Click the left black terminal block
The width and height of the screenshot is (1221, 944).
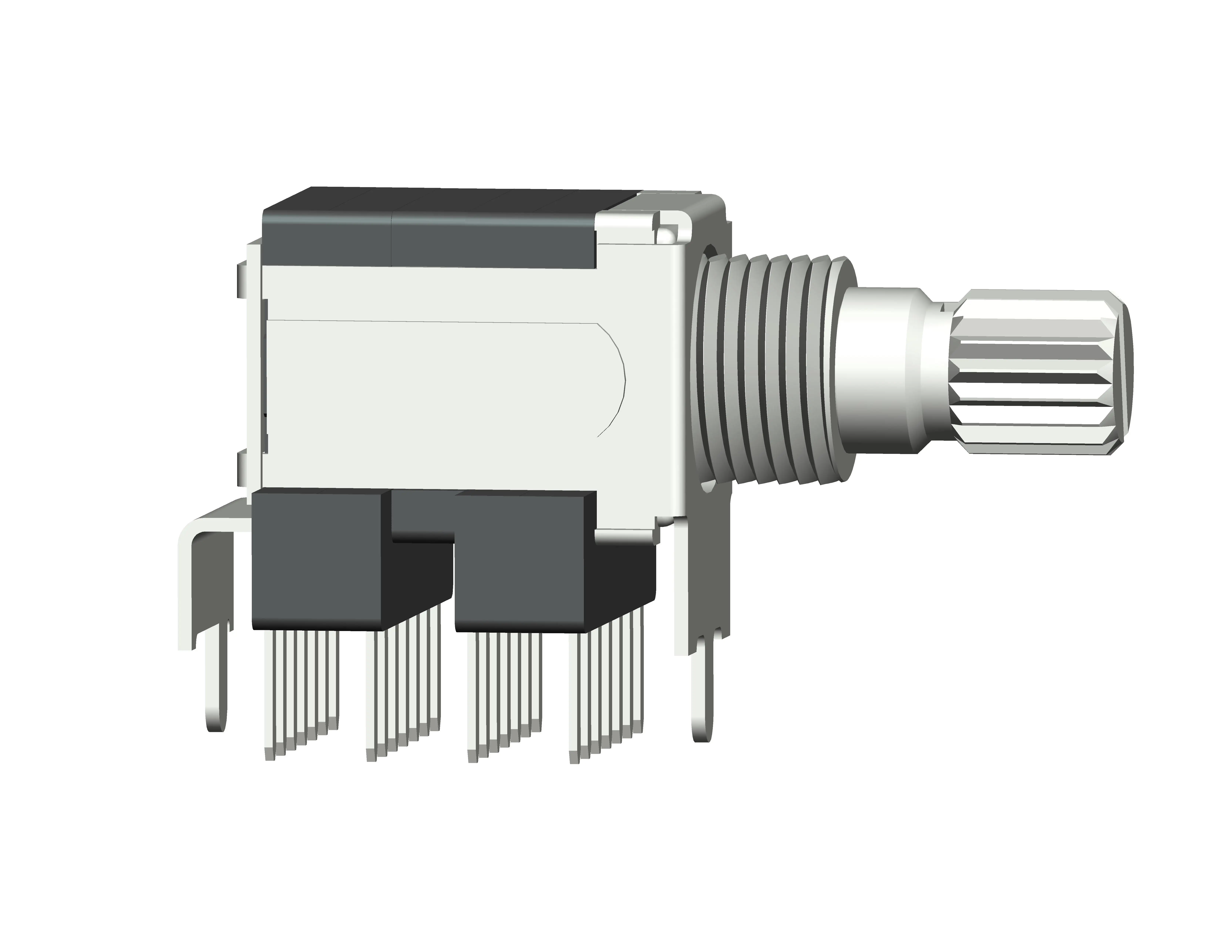pos(319,559)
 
